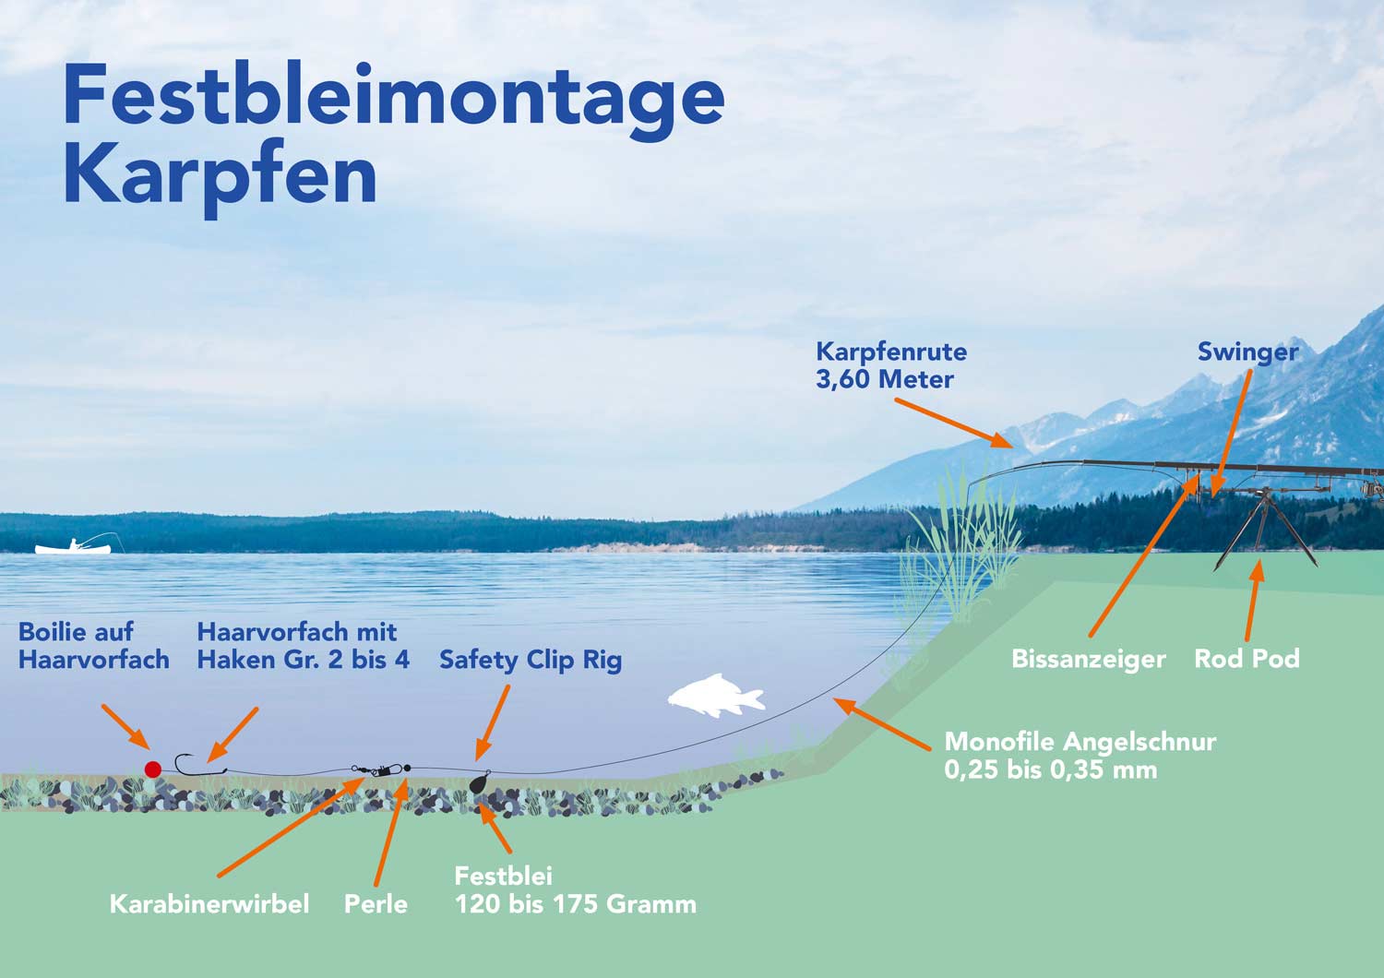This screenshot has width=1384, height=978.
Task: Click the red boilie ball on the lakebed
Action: click(x=153, y=769)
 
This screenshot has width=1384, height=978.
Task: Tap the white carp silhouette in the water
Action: click(x=716, y=696)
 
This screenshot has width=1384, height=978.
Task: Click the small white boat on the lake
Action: click(x=73, y=548)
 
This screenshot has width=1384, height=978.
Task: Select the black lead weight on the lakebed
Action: click(x=480, y=783)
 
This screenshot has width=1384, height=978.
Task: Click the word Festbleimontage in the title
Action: click(x=393, y=98)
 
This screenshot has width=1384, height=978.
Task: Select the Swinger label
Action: click(x=1247, y=352)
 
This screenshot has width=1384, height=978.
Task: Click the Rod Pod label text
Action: click(x=1247, y=659)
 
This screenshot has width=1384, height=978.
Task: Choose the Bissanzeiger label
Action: click(x=1088, y=660)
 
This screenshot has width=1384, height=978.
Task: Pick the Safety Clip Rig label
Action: click(x=531, y=661)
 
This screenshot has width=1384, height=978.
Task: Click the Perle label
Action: click(x=376, y=904)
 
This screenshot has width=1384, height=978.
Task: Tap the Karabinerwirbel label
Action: click(x=209, y=904)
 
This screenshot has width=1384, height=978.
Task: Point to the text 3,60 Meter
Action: click(x=884, y=379)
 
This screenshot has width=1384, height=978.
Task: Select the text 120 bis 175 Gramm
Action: click(x=576, y=904)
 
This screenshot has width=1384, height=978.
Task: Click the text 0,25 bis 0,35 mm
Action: click(x=1050, y=769)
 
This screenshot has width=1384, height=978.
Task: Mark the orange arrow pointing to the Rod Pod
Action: click(x=1252, y=600)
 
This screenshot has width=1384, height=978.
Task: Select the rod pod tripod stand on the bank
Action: click(x=1264, y=526)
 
